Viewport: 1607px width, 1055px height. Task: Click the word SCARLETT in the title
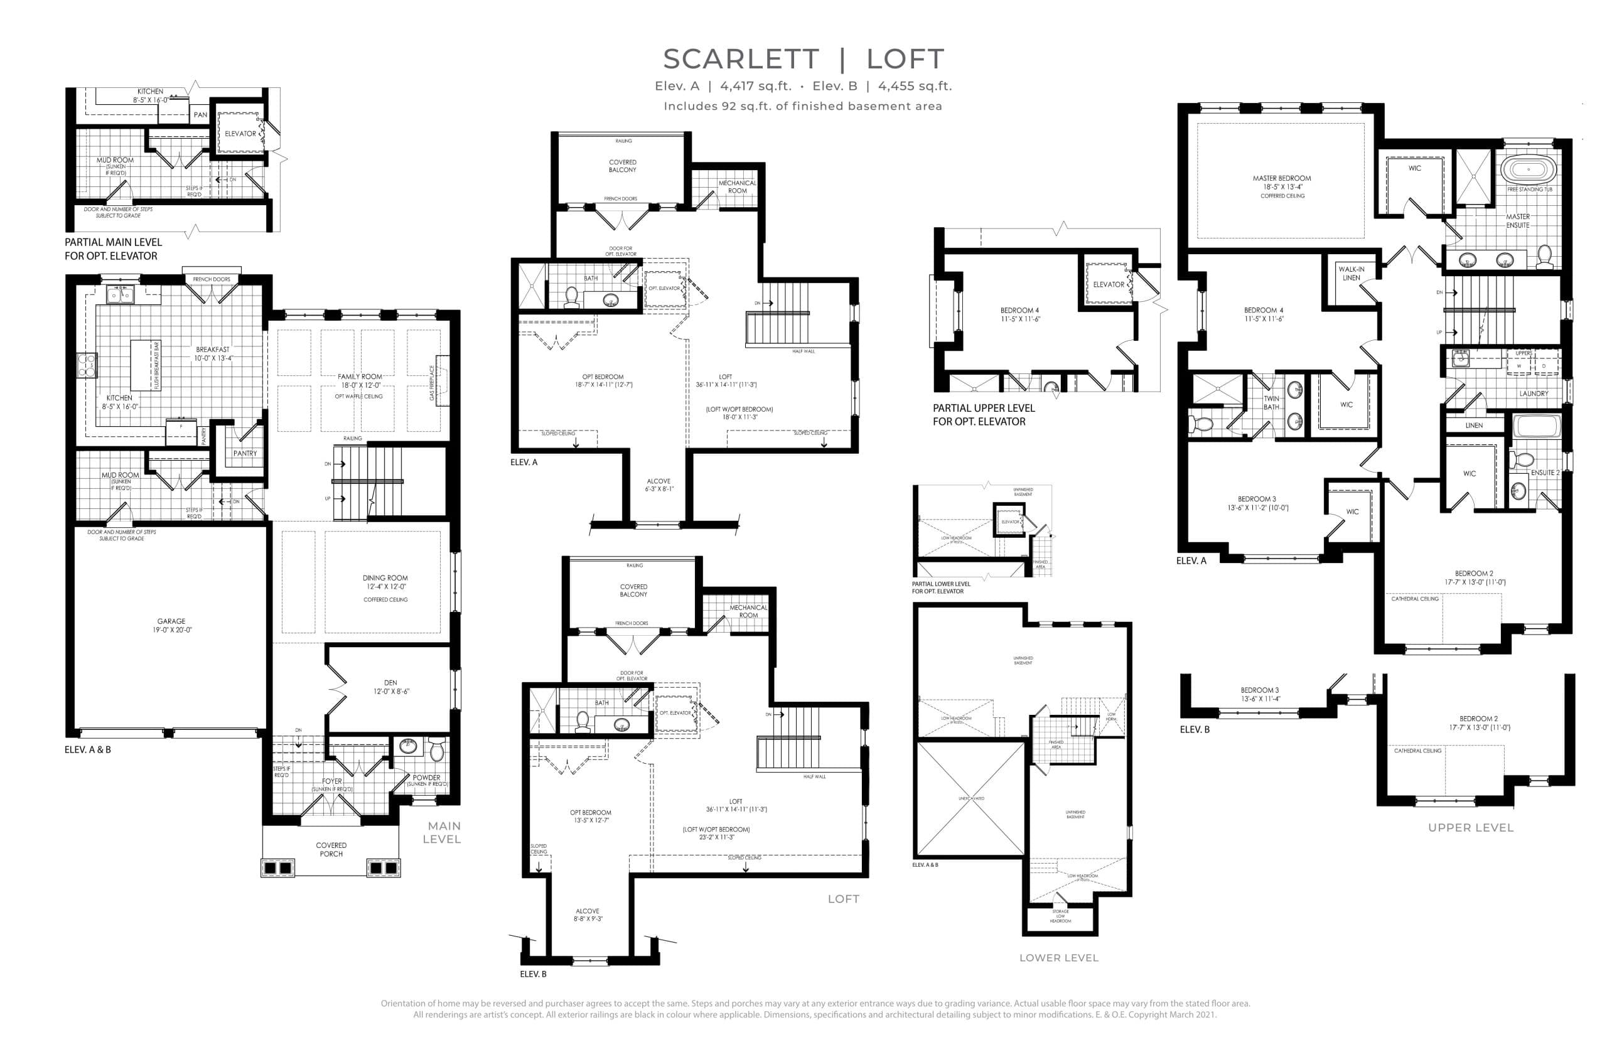[741, 60]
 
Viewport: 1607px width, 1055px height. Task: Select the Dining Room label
[385, 579]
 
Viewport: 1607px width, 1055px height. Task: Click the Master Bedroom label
[1282, 179]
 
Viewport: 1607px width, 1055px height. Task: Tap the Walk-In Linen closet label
[1351, 274]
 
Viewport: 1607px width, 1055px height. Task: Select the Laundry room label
[1534, 394]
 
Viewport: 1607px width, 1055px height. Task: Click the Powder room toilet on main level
[436, 750]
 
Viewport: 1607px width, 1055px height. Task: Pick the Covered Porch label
[331, 849]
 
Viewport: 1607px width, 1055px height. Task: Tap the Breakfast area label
[213, 350]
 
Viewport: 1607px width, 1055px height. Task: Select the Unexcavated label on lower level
[971, 798]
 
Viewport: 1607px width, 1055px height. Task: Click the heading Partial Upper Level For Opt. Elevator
[983, 414]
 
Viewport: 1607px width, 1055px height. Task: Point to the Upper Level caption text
[1471, 828]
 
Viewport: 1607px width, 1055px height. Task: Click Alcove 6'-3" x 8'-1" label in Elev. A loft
[658, 485]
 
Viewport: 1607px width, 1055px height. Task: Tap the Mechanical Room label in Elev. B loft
[748, 611]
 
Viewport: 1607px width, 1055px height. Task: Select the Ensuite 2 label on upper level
[1545, 473]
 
